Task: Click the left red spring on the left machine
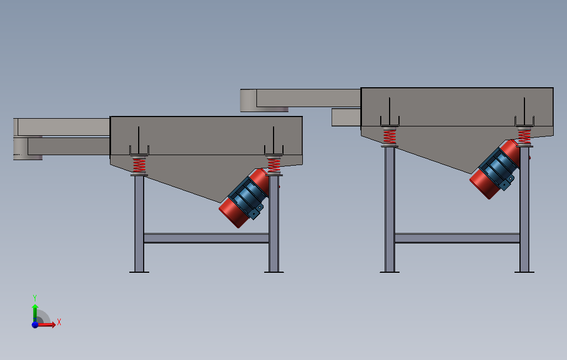[139, 165]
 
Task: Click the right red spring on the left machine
[274, 165]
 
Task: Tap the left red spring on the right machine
[390, 136]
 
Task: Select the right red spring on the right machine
[524, 136]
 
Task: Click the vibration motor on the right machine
[495, 168]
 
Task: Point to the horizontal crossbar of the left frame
[206, 238]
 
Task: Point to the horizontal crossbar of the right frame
[457, 238]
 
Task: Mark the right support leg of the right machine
[524, 215]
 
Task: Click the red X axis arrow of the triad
[50, 325]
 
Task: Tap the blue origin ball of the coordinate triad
[35, 325]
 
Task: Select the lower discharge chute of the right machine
[346, 117]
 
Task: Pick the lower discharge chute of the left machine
[66, 146]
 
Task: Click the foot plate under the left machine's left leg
[139, 272]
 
